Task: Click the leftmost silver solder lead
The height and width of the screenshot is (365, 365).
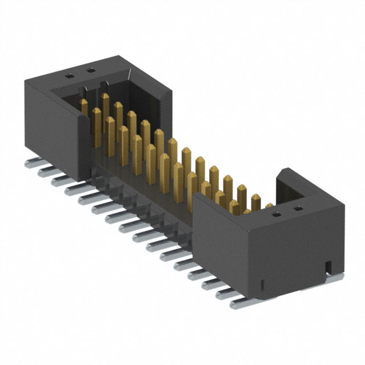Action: (x=30, y=164)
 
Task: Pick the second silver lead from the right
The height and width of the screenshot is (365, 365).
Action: (x=226, y=293)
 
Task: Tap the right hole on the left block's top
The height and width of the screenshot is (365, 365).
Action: (x=89, y=71)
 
